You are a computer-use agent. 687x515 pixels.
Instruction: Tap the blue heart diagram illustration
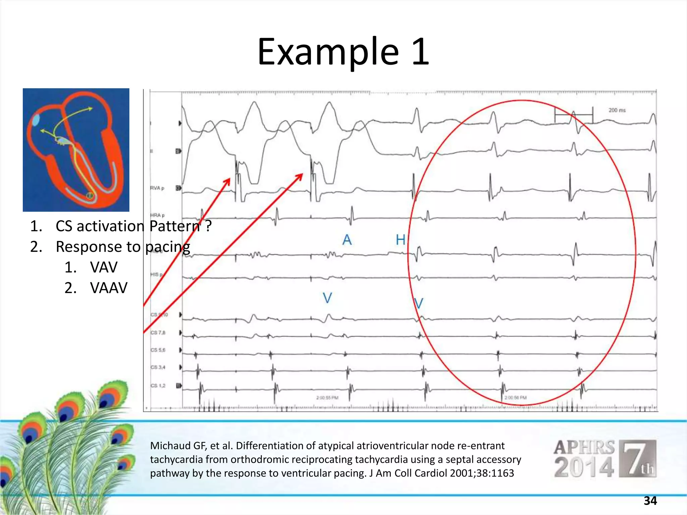[x=76, y=150]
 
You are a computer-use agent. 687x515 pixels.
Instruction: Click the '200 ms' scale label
[x=617, y=110]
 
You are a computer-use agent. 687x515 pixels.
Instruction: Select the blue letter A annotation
[x=347, y=240]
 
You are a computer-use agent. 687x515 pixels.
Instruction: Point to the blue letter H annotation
[x=401, y=240]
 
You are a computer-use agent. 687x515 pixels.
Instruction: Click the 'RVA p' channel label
[x=157, y=188]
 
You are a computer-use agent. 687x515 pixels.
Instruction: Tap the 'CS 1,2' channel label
[x=158, y=386]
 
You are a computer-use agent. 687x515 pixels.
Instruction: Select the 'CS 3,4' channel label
[x=158, y=367]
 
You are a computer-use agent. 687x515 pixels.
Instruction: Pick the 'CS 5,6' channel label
[x=158, y=350]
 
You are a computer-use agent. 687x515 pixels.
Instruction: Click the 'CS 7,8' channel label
[x=158, y=333]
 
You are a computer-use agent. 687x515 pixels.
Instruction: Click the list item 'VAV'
[x=104, y=268]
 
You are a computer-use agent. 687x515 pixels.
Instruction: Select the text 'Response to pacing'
[x=123, y=247]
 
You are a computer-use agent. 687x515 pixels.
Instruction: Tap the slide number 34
[x=650, y=501]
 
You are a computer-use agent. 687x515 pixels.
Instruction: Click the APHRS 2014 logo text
[x=584, y=458]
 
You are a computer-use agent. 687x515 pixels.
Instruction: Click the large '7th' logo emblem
[x=637, y=458]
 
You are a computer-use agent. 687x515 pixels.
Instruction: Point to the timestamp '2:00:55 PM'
[x=327, y=398]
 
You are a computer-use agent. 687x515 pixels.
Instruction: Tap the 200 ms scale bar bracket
[x=574, y=115]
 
